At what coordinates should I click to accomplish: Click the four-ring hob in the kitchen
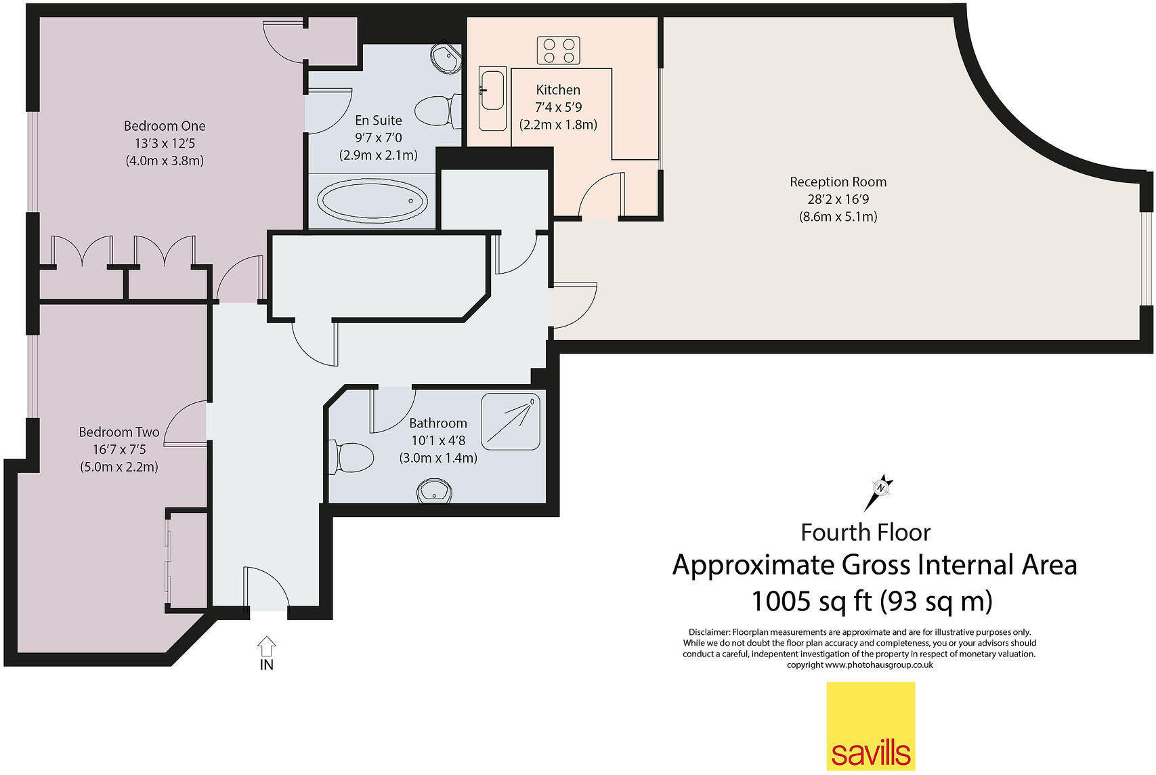[x=558, y=51]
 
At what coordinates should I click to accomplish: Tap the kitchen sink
[x=492, y=98]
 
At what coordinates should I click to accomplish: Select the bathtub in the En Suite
[x=372, y=201]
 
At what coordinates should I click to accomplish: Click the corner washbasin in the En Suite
[x=446, y=57]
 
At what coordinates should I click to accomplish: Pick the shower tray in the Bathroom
[x=511, y=422]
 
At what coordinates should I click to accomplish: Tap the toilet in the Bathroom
[x=351, y=457]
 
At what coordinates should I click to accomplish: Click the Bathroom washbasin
[x=434, y=490]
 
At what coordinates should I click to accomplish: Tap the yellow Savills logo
[x=871, y=726]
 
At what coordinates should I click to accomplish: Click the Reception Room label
[x=838, y=182]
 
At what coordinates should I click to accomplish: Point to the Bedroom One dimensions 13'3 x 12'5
[x=165, y=143]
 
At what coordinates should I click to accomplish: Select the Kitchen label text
[x=558, y=90]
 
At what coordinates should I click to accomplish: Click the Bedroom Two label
[x=119, y=432]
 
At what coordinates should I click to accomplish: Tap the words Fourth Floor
[x=865, y=532]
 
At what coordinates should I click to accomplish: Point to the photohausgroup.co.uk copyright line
[x=860, y=665]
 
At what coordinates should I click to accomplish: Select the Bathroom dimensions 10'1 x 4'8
[x=437, y=440]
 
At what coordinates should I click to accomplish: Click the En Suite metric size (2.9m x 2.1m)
[x=379, y=155]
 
